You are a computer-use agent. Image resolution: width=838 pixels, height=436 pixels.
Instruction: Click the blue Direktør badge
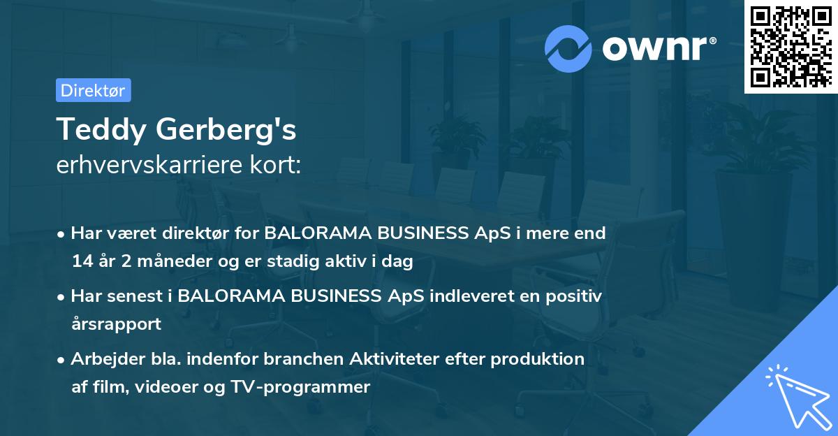[x=93, y=90]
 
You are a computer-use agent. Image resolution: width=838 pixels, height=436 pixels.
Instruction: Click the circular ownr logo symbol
[x=568, y=48]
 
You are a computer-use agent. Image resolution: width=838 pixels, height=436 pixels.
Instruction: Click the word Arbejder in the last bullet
[x=102, y=359]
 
